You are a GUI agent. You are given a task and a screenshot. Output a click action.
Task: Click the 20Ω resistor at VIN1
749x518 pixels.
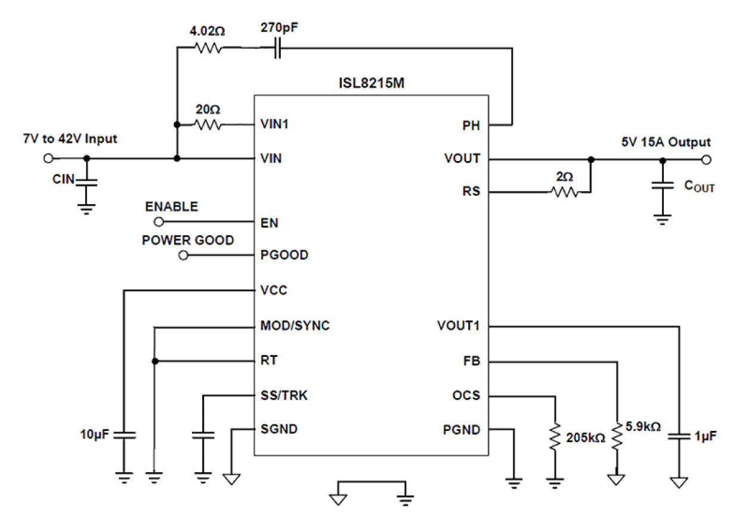click(x=208, y=125)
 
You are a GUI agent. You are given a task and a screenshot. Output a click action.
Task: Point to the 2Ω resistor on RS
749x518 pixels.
click(x=564, y=192)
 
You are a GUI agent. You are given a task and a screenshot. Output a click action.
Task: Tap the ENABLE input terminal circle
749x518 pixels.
click(x=159, y=222)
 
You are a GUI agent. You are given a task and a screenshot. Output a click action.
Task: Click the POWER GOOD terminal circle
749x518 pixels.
click(x=184, y=255)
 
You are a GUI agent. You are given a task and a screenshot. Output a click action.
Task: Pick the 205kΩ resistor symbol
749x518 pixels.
click(x=555, y=437)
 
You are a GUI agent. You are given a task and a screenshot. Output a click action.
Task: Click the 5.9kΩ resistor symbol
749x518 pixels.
click(x=617, y=437)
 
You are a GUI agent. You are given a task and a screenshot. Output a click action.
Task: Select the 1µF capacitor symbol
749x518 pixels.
click(x=678, y=436)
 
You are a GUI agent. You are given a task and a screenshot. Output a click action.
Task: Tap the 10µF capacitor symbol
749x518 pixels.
click(x=124, y=436)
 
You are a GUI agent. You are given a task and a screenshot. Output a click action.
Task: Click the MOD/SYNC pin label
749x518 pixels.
click(x=295, y=326)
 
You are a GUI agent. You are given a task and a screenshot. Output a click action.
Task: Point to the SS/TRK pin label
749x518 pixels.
click(x=284, y=395)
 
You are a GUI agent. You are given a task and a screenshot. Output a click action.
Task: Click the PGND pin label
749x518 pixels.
click(x=462, y=429)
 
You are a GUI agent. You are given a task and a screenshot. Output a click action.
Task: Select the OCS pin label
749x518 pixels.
click(x=466, y=395)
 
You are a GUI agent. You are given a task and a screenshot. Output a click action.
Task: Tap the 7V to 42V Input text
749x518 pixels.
click(x=70, y=139)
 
